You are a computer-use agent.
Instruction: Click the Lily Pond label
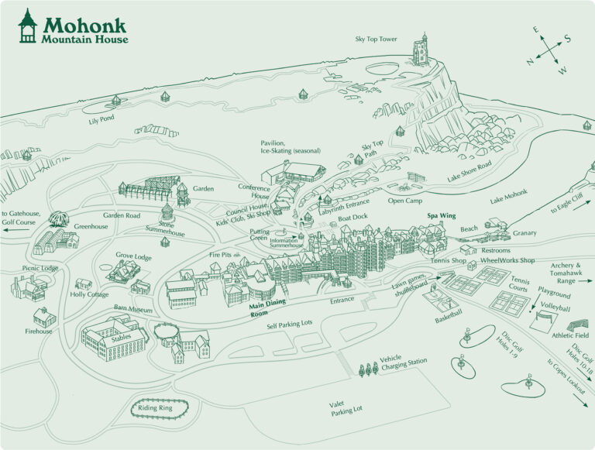(101, 120)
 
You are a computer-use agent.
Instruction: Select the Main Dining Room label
(268, 310)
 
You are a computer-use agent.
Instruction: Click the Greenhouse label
(91, 226)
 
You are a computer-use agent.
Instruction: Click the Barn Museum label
(132, 309)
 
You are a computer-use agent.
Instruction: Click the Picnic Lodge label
(40, 268)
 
